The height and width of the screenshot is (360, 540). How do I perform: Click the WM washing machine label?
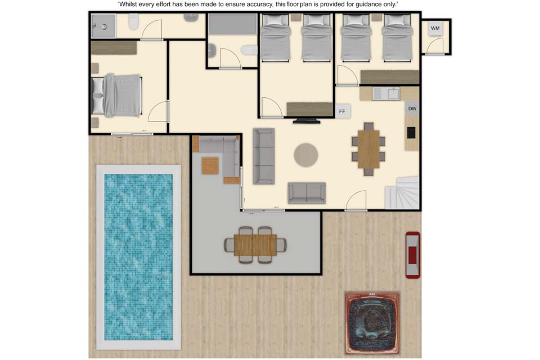435,28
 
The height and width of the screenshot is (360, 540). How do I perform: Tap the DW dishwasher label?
412,109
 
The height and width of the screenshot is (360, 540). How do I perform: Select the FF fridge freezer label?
342,111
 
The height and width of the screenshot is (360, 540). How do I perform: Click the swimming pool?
138,257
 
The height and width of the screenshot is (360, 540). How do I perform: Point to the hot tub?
372,323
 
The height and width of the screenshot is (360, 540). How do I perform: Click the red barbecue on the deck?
412,255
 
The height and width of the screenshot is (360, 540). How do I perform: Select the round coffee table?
306,155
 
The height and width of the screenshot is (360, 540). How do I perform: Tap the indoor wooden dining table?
368,149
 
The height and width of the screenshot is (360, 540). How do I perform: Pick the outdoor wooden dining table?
255,245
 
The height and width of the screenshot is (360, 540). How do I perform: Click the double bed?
117,96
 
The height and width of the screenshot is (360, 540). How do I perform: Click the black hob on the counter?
411,133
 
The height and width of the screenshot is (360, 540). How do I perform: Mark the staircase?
402,192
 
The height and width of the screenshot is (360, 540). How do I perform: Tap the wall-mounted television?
307,121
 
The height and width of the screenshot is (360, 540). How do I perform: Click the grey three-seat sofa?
264,156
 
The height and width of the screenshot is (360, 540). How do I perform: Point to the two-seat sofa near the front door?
307,193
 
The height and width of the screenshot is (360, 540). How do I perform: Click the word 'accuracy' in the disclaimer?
258,4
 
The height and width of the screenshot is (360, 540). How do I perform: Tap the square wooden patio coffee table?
210,166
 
